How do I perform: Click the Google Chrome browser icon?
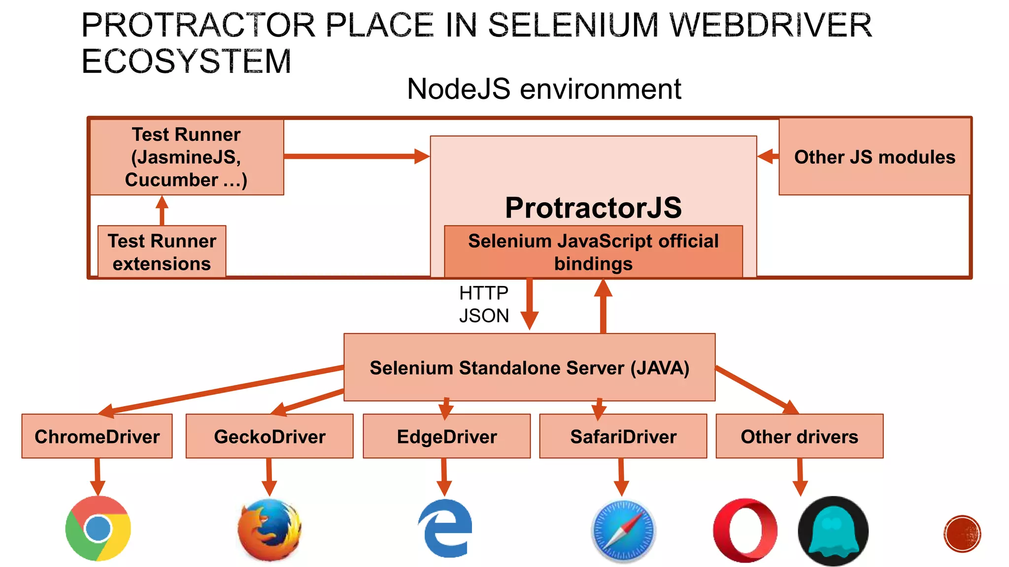pos(98,528)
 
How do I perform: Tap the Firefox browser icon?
pos(269,530)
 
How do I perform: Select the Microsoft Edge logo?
pos(445,528)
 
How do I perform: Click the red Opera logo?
pos(745,530)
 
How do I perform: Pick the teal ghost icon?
pos(833,531)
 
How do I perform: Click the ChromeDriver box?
pos(97,437)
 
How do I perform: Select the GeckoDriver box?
pos(269,437)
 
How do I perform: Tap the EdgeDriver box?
pos(447,437)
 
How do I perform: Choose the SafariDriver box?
pos(623,437)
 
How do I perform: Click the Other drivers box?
pos(799,437)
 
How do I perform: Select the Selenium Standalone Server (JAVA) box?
pos(530,368)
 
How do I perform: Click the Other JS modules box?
pos(874,157)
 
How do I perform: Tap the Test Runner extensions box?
pos(162,252)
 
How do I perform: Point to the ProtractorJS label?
pos(593,208)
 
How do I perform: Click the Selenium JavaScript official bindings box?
pos(593,252)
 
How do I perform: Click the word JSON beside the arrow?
pos(484,315)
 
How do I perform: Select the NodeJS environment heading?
pos(544,89)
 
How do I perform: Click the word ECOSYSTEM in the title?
pos(186,62)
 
